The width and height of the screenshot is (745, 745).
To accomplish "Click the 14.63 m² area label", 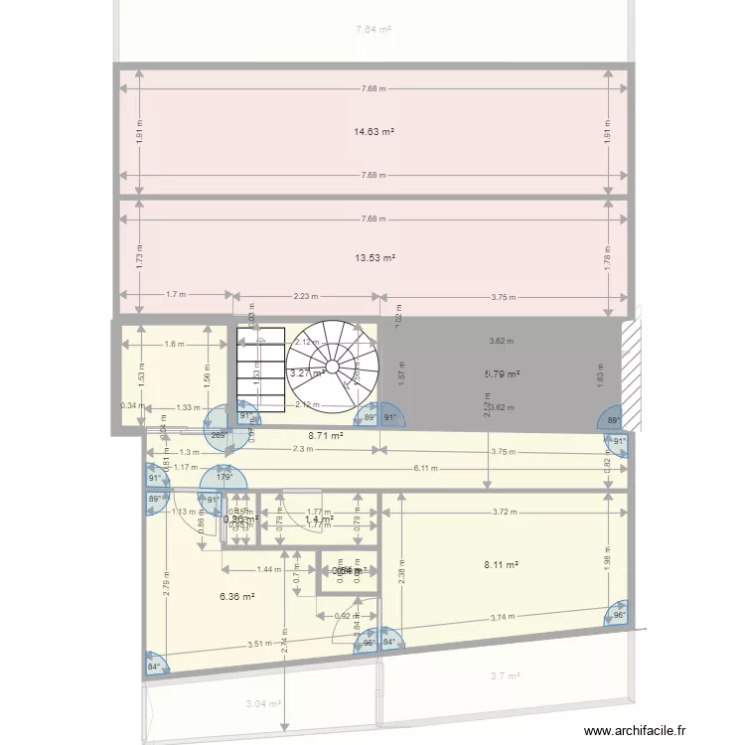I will [374, 131].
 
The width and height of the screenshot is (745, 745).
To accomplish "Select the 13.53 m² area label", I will [374, 257].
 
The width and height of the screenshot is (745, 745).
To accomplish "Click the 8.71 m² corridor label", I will [325, 435].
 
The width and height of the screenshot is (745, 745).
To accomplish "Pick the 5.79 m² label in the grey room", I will [502, 373].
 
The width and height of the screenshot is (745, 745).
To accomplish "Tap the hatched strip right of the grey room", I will [628, 366].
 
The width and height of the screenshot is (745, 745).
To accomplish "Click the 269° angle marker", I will [219, 434].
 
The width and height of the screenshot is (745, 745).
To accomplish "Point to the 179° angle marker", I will [225, 477].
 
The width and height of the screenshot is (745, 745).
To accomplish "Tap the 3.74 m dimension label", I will [503, 618].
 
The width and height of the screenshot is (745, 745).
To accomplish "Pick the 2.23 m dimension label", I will [306, 295].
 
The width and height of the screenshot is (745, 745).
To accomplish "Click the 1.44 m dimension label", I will [268, 570].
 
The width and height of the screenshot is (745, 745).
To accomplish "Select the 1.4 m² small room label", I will [318, 519].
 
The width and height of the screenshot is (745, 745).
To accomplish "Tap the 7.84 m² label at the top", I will [373, 30].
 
